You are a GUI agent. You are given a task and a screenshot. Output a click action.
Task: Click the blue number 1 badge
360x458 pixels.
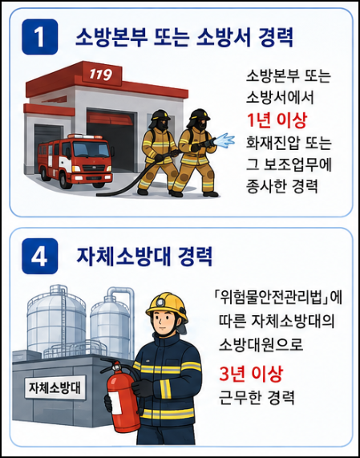point(40,37)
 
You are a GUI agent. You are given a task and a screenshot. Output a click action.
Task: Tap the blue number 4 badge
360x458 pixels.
point(40,256)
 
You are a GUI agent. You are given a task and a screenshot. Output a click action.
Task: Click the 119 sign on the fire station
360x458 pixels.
point(101,74)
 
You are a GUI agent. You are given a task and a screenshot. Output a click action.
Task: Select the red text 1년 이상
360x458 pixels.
point(277,120)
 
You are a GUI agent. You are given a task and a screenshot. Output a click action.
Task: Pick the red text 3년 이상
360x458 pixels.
point(251,373)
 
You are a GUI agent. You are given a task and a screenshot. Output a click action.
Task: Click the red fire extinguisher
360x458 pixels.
point(121,395)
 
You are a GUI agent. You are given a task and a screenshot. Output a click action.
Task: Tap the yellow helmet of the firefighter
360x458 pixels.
point(167,306)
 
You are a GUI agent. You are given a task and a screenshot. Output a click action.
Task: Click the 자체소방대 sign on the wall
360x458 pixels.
point(55,387)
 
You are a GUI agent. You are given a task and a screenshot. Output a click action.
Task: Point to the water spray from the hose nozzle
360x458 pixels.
point(224,140)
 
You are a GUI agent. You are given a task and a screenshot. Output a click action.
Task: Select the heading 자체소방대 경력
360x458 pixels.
point(144,256)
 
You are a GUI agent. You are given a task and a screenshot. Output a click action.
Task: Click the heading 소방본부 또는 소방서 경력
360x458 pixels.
point(184,37)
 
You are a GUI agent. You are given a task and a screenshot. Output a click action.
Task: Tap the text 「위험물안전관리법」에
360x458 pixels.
point(277,298)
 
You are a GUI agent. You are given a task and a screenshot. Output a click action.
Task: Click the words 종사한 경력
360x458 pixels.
point(281,186)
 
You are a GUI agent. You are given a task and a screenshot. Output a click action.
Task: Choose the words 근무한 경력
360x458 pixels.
point(257,397)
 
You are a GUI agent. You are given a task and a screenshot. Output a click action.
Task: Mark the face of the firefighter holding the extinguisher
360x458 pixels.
point(163,322)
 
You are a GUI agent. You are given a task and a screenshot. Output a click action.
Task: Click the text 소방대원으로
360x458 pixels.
point(261,345)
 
